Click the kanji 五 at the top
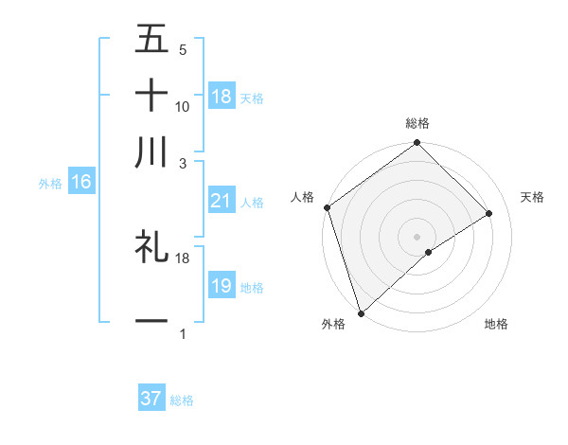click(x=151, y=41)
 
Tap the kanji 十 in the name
click(x=151, y=96)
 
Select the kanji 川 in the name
click(x=151, y=151)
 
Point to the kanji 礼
click(x=151, y=248)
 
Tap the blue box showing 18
click(x=222, y=97)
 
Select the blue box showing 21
click(x=222, y=201)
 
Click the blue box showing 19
click(x=222, y=286)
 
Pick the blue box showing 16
click(x=81, y=182)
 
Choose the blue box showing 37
click(x=151, y=399)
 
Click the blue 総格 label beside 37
click(x=182, y=400)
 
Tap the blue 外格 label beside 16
click(x=50, y=184)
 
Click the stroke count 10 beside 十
click(x=183, y=107)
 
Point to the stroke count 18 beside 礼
click(x=183, y=258)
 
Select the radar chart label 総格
click(x=417, y=124)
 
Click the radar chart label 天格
click(x=532, y=197)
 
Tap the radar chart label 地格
click(x=496, y=324)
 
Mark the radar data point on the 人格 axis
click(x=327, y=207)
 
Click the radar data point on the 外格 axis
click(x=361, y=311)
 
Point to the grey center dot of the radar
click(x=417, y=235)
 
